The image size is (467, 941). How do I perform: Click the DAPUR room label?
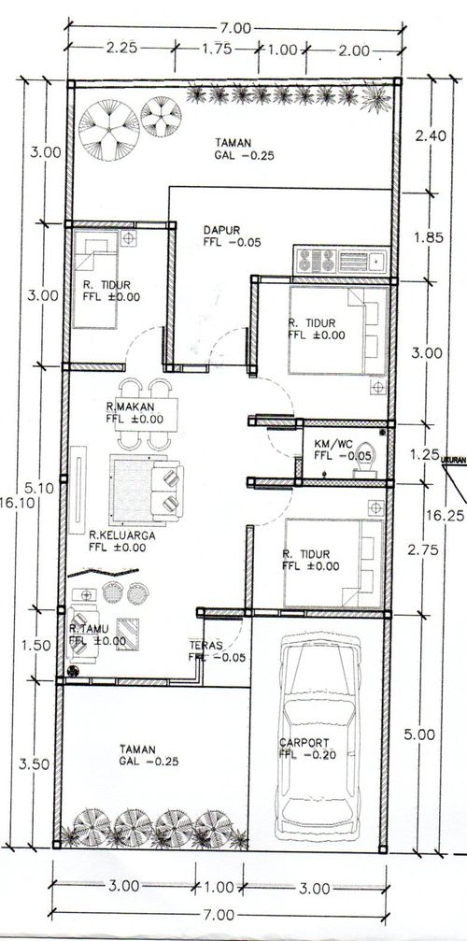pyautogui.click(x=221, y=230)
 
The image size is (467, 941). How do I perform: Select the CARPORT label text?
pyautogui.click(x=304, y=742)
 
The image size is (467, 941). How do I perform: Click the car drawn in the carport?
pyautogui.click(x=318, y=735)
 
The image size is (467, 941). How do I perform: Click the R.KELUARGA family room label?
pyautogui.click(x=122, y=535)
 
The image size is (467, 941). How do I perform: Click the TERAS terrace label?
pyautogui.click(x=206, y=645)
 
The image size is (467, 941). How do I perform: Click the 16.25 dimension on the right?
pyautogui.click(x=443, y=514)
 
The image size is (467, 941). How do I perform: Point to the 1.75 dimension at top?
pyautogui.click(x=217, y=50)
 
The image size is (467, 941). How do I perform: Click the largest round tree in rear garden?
pyautogui.click(x=108, y=130)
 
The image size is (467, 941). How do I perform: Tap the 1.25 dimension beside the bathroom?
pyautogui.click(x=425, y=454)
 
